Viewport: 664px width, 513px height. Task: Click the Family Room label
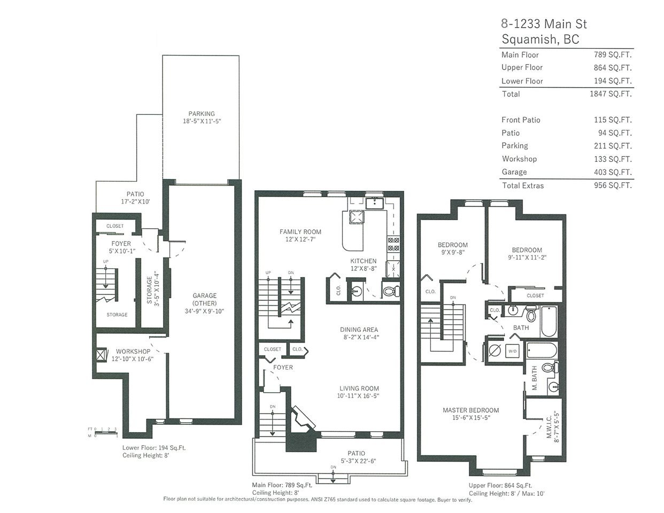tap(300, 232)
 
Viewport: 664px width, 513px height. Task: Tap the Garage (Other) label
tap(204, 299)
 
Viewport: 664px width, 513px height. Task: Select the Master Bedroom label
tap(471, 410)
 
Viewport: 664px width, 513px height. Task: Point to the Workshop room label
tap(133, 352)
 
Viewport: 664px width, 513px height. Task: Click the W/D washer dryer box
tap(513, 351)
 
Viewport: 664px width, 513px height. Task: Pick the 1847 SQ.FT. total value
tap(611, 94)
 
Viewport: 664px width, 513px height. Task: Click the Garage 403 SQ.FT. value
tap(613, 172)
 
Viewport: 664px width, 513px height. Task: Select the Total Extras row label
tap(523, 185)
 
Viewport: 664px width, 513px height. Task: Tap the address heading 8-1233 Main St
tap(544, 24)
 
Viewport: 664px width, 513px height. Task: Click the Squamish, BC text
tap(541, 39)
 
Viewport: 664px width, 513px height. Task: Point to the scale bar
tap(106, 433)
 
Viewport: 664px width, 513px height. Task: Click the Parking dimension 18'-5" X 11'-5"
tap(202, 121)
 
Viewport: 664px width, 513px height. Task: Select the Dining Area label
tap(359, 330)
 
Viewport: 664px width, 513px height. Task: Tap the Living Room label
tap(359, 388)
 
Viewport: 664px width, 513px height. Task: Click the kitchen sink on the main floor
tap(375, 203)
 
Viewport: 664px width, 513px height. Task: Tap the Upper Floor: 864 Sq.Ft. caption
tap(500, 486)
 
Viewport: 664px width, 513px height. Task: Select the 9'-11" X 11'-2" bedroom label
tap(527, 258)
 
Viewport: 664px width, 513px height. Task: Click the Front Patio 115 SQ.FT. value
tap(613, 120)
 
